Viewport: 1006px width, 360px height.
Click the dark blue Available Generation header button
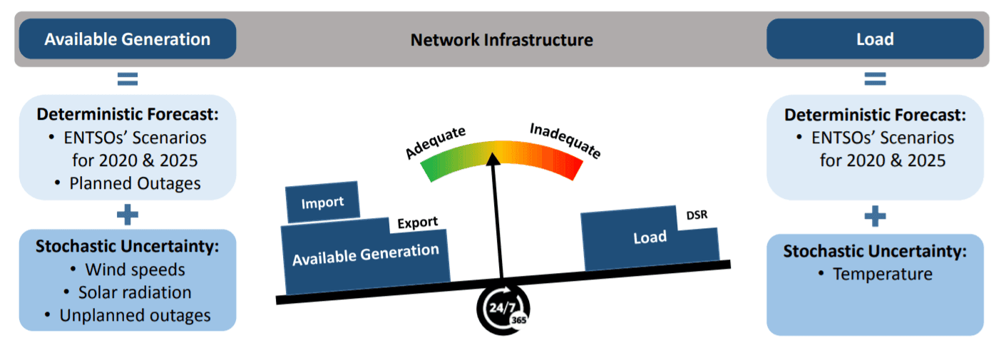coord(127,38)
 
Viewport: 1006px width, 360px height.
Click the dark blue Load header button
coord(874,38)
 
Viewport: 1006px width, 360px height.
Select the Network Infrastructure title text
coord(501,40)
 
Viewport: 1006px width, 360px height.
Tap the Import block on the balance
coord(322,203)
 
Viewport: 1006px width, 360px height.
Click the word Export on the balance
coord(417,222)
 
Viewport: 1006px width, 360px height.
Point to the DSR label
coord(697,215)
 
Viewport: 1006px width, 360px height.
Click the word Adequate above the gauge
coord(436,143)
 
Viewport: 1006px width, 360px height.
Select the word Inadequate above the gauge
coord(565,140)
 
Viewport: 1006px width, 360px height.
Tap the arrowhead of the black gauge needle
coord(491,158)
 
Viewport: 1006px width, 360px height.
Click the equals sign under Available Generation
coord(128,78)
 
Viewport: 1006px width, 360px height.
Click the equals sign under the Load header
coord(875,78)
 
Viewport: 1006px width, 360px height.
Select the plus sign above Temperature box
coord(875,216)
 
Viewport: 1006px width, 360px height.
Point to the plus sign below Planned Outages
coord(128,215)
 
